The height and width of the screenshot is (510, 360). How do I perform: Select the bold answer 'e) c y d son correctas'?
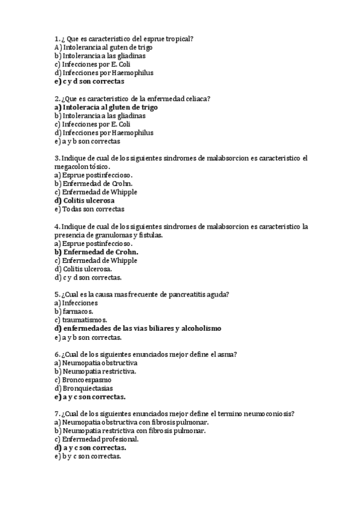[89, 81]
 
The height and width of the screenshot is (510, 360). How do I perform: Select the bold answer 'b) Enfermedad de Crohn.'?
[96, 252]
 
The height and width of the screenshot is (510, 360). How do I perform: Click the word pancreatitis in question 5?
[180, 294]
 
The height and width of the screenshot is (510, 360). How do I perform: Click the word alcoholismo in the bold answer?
[201, 328]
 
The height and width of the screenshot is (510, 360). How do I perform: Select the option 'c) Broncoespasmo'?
[82, 379]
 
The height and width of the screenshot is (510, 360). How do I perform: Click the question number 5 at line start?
[56, 294]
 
